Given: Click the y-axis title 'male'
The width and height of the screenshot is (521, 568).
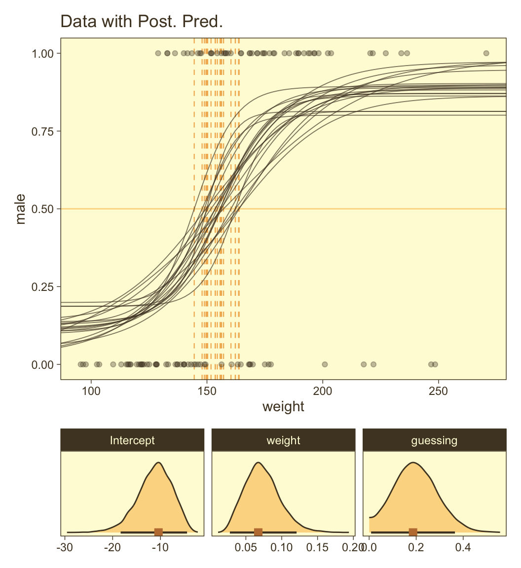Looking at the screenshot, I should tap(20, 209).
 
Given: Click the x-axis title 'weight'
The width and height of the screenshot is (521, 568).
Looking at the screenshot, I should tap(283, 407).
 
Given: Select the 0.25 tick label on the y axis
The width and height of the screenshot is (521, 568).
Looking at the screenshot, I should tap(44, 286).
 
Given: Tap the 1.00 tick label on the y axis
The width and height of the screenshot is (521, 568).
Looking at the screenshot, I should tap(44, 53).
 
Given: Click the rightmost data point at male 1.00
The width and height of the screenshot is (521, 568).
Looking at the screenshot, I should tap(486, 53).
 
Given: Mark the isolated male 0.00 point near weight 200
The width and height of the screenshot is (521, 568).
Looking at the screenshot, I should tap(325, 364).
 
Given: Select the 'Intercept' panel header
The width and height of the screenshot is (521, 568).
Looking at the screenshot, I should tap(132, 440).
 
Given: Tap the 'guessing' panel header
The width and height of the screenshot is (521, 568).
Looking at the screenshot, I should tap(434, 440).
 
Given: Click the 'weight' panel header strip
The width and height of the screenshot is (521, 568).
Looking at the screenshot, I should tap(283, 440).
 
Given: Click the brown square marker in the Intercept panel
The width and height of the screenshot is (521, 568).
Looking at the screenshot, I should tap(158, 532).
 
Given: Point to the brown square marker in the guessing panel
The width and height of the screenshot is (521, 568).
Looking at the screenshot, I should tap(413, 532).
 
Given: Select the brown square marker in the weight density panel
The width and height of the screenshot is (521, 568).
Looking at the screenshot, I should tap(258, 532).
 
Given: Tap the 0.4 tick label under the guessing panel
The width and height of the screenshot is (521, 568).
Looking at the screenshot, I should tap(462, 547).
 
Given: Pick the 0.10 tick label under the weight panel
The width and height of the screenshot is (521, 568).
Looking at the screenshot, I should tap(282, 547).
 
